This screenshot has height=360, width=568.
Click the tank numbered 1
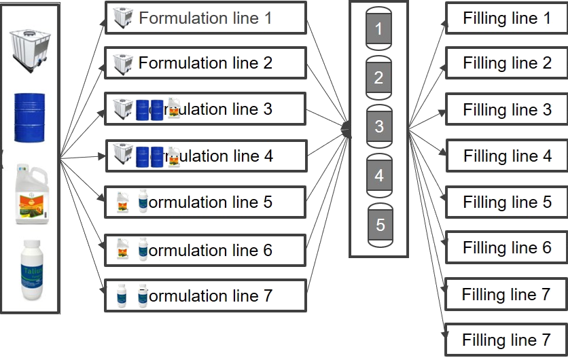[x=379, y=29]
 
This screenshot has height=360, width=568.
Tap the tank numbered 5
[x=380, y=223]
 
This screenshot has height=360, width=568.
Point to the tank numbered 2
[x=379, y=77]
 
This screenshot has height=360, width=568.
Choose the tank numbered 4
[x=379, y=175]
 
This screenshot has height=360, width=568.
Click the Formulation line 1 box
[x=206, y=18]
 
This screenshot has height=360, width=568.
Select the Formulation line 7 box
[x=206, y=296]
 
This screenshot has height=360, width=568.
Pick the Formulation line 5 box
[x=206, y=202]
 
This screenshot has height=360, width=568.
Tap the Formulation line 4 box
[x=206, y=156]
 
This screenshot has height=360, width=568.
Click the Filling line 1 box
[x=506, y=18]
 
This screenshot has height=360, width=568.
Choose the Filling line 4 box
[x=506, y=156]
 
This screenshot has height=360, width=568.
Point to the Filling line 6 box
[x=506, y=248]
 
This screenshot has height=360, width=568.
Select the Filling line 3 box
[x=506, y=110]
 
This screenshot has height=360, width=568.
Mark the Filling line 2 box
[x=506, y=64]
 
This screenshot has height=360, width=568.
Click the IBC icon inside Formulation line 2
[x=122, y=64]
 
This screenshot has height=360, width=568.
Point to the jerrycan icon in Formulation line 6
[x=123, y=249]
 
